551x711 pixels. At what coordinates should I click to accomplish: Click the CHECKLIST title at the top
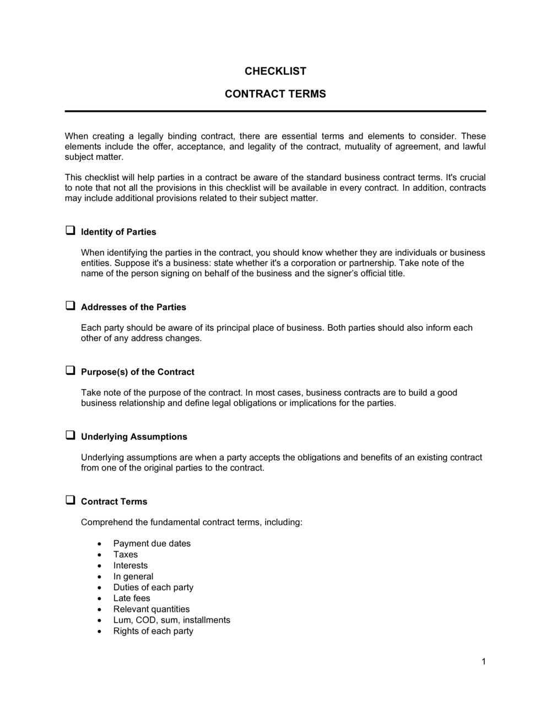[x=275, y=71]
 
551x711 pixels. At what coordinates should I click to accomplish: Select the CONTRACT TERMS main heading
[x=275, y=94]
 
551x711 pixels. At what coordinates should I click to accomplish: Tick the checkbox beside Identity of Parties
[x=71, y=230]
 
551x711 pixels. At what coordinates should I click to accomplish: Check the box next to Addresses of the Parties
[x=71, y=306]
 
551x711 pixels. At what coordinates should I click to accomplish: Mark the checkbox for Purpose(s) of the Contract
[x=71, y=370]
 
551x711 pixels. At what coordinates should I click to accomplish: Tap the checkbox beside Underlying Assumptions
[x=71, y=435]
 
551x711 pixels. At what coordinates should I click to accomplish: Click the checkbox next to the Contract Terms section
[x=71, y=500]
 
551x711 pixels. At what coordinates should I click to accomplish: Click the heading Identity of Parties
[x=118, y=232]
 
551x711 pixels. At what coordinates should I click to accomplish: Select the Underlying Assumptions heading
[x=134, y=437]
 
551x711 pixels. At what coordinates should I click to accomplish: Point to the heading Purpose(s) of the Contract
[x=137, y=372]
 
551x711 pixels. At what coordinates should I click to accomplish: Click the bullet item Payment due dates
[x=152, y=543]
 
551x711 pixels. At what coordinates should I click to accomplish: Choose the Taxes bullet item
[x=125, y=554]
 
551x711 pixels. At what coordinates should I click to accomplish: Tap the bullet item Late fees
[x=131, y=598]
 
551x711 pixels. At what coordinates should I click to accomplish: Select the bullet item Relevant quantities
[x=151, y=609]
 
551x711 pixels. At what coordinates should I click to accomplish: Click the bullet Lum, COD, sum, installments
[x=171, y=620]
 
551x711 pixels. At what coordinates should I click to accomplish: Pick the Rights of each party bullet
[x=153, y=631]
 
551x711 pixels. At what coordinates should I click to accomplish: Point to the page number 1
[x=483, y=661]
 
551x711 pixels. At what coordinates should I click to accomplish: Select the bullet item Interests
[x=130, y=565]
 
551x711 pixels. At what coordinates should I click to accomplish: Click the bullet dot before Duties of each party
[x=99, y=588]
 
